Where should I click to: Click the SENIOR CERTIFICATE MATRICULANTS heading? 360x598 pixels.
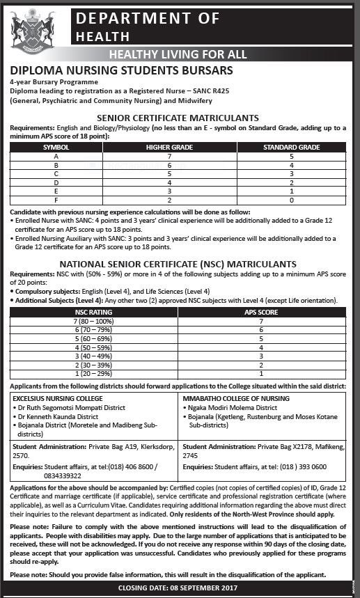pos(178,118)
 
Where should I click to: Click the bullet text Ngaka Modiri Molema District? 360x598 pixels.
pos(233,408)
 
